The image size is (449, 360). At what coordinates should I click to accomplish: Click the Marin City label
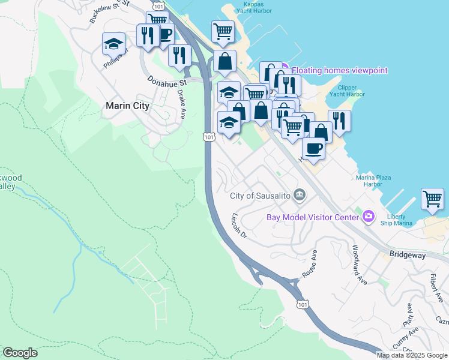pos(127,106)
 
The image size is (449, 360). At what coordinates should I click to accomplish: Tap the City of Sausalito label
pos(261,196)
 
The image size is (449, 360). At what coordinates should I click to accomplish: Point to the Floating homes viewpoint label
pos(340,71)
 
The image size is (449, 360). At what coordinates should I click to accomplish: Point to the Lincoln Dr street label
pos(240,226)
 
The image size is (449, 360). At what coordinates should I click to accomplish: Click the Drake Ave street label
pos(181,105)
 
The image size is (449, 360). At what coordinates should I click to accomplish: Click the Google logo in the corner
pos(20,353)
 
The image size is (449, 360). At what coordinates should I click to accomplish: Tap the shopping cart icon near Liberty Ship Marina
pos(433,199)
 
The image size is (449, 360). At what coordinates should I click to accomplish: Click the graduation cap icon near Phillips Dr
pos(113,44)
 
